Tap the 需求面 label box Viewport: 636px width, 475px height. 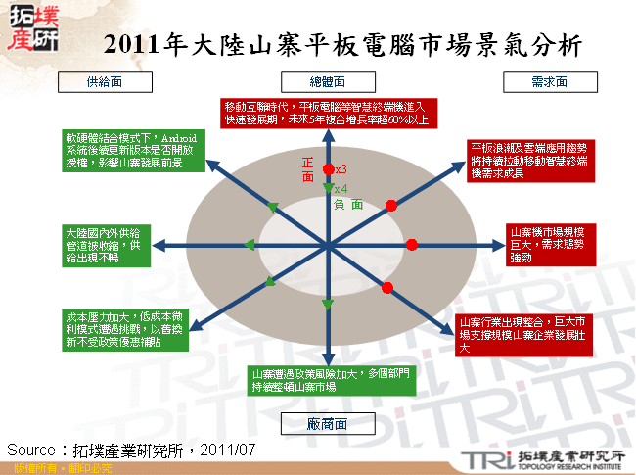coord(549,81)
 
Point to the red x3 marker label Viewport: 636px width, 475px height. coord(341,170)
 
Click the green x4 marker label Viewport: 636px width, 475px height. coord(341,189)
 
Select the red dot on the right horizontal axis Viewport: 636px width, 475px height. coord(412,244)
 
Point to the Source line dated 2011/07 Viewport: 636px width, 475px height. coord(131,450)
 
